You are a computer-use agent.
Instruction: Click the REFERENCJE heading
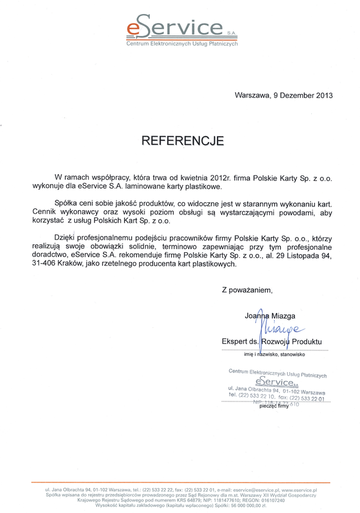pos(182,141)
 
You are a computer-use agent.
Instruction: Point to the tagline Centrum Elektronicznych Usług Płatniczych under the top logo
pos(182,44)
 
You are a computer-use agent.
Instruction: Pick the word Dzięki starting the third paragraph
pos(67,233)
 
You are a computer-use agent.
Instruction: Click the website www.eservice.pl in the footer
pos(299,489)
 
